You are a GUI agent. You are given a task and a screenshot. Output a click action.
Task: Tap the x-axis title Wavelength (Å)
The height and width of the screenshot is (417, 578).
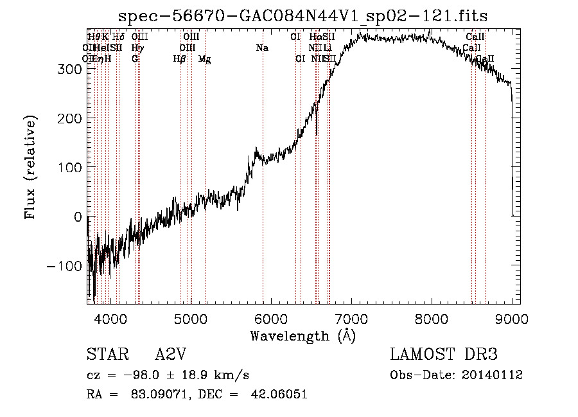pos(302,335)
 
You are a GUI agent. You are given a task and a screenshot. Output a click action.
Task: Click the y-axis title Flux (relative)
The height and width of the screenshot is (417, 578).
pos(30,167)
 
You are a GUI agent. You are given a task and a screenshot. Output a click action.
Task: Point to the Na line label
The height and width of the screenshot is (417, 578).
pos(262,48)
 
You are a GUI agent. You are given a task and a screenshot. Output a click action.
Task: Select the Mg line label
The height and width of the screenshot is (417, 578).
pos(205,59)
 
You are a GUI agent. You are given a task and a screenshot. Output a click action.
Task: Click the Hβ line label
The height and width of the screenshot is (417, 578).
pos(180,59)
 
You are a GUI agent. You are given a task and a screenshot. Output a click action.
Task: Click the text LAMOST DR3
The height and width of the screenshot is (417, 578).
pos(444,355)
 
